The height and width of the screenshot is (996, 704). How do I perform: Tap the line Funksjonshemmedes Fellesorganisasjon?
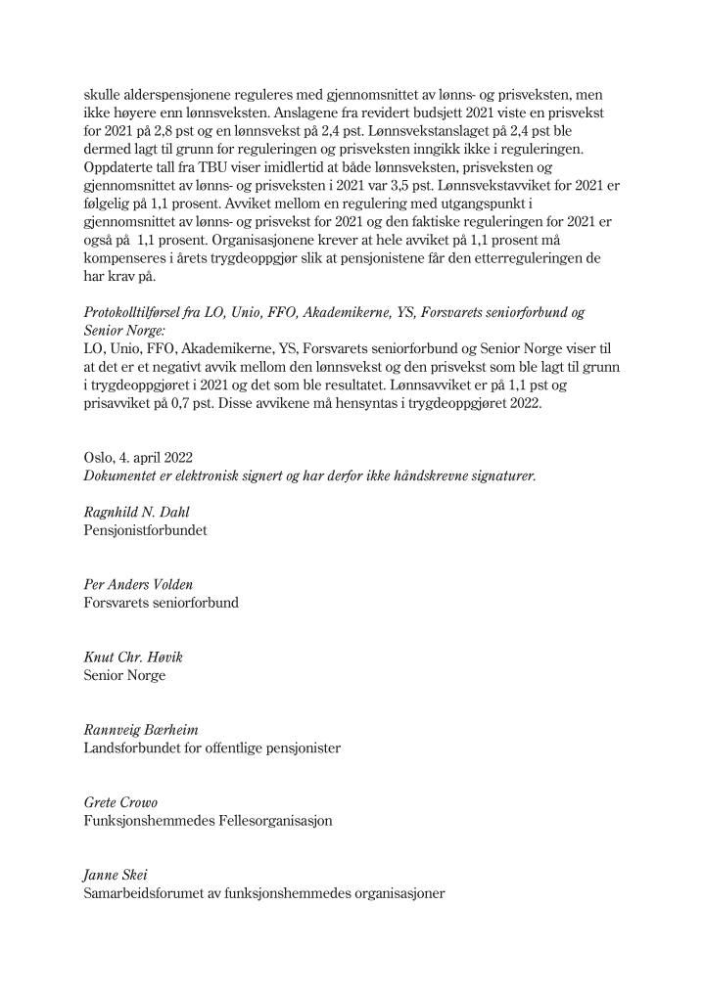pyautogui.click(x=208, y=820)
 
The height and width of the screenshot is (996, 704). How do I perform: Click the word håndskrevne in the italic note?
pyautogui.click(x=399, y=475)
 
